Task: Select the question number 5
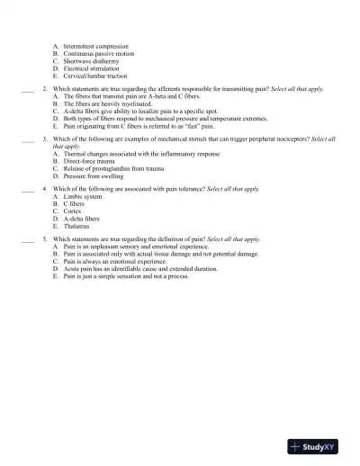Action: (45, 239)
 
